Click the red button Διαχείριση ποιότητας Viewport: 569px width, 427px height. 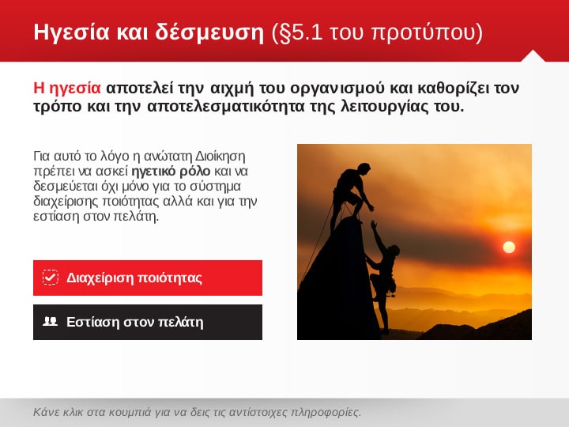coord(148,278)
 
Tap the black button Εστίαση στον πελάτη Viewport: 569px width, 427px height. coord(148,322)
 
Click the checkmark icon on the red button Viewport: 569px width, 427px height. coord(50,278)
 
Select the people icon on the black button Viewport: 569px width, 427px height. coord(50,321)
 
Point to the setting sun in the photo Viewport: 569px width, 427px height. coord(509,248)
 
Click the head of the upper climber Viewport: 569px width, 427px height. coord(364,169)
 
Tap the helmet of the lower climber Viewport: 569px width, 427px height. coord(394,250)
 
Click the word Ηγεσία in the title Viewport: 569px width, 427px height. coord(71,32)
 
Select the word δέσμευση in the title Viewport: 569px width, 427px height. coord(209,32)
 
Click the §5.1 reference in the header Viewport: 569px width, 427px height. coord(297,32)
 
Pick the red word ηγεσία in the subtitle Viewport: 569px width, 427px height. coord(75,89)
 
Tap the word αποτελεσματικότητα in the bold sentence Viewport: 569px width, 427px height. coord(226,107)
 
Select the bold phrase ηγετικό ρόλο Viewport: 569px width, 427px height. coord(171,171)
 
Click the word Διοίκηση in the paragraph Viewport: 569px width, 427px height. coord(220,156)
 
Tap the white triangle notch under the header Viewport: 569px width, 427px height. coord(533,56)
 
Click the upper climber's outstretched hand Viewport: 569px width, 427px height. coord(370,207)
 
